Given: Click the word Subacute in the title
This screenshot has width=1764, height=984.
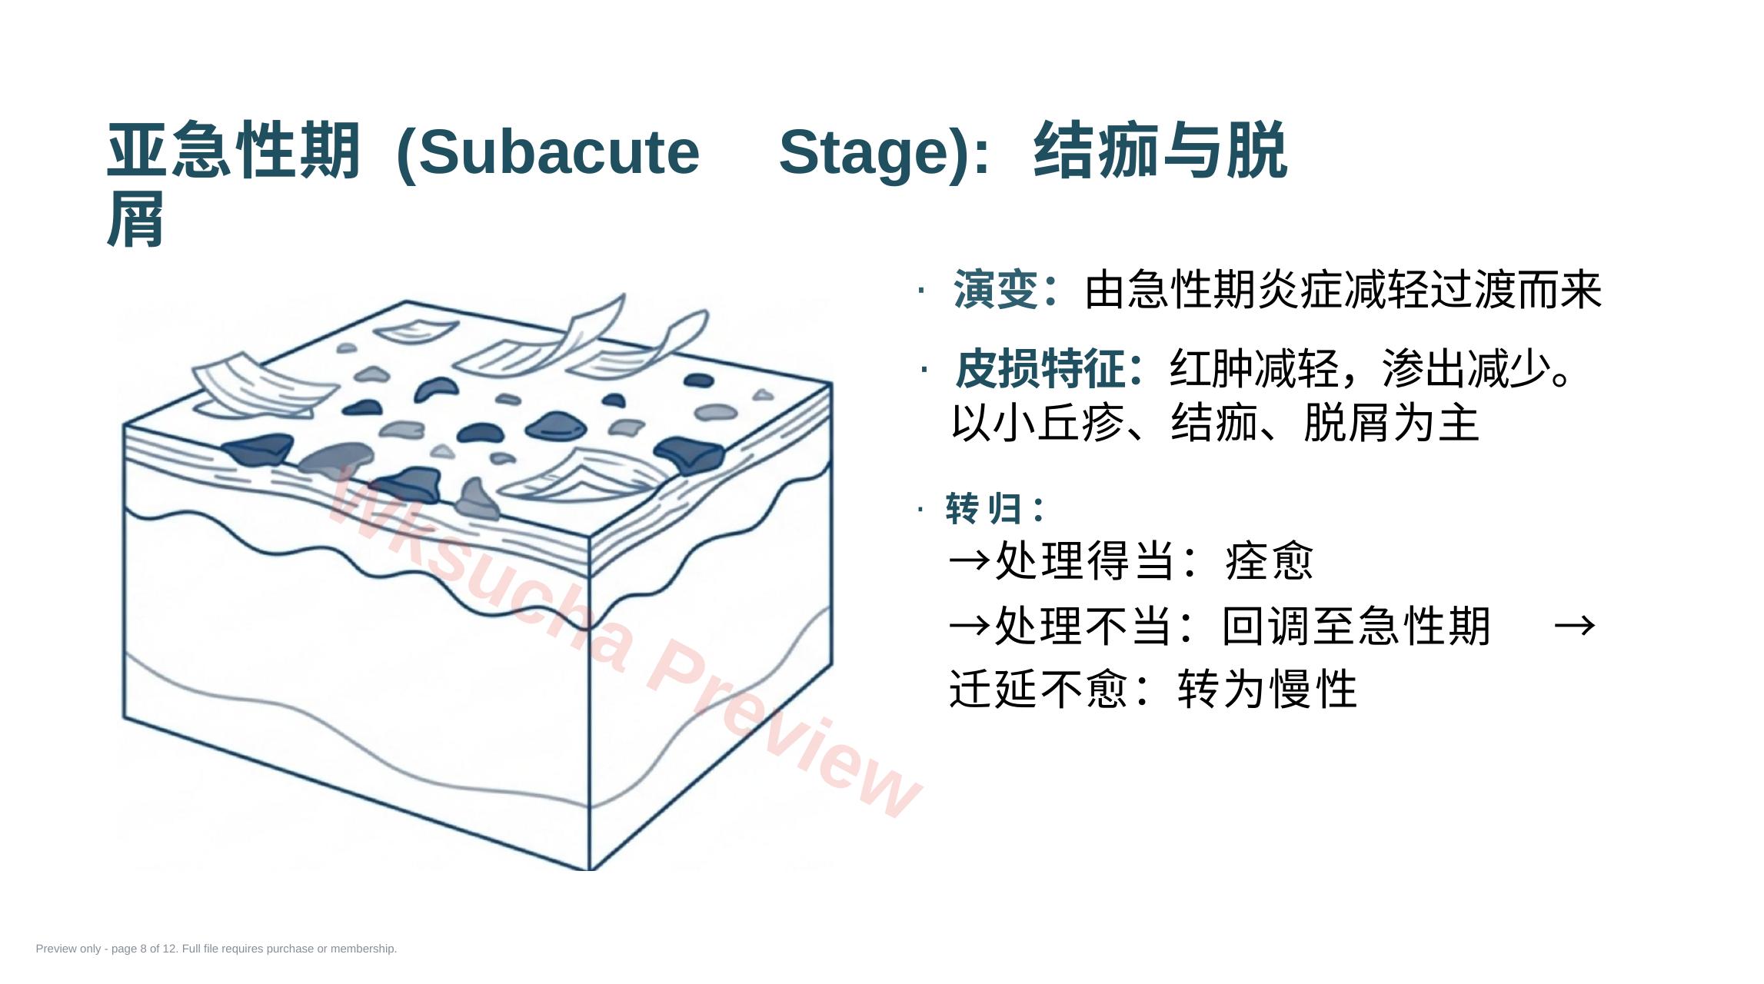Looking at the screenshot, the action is tap(559, 152).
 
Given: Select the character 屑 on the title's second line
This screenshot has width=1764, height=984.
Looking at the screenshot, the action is tap(135, 220).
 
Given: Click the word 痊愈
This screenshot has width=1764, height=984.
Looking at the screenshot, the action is tap(1270, 560).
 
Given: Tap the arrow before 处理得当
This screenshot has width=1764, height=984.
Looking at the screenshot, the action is tap(970, 561).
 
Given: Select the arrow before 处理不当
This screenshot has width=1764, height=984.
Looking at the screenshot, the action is tap(970, 626).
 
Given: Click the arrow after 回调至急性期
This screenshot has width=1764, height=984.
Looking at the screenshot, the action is tap(1575, 626).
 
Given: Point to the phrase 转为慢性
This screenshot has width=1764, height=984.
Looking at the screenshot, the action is tap(1267, 689).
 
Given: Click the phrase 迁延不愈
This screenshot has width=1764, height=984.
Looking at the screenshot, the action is tap(1039, 689).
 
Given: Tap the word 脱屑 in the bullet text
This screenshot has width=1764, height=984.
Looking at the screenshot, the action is tap(1347, 423).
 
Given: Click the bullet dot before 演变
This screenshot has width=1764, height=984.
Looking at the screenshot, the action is tap(921, 291).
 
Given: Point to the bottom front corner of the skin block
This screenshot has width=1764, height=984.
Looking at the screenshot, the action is tap(589, 869).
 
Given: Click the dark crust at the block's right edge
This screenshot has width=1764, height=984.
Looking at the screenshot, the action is tap(690, 454).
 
